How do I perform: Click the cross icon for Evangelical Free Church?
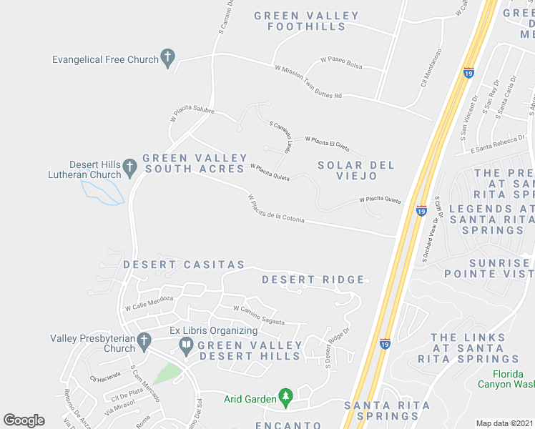168,59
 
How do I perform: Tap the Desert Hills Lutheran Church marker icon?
129,168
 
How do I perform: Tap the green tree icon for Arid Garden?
286,398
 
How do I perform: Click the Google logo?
24,420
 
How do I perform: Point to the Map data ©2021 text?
505,423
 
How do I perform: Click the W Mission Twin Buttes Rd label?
308,82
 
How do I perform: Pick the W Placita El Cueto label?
327,143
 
